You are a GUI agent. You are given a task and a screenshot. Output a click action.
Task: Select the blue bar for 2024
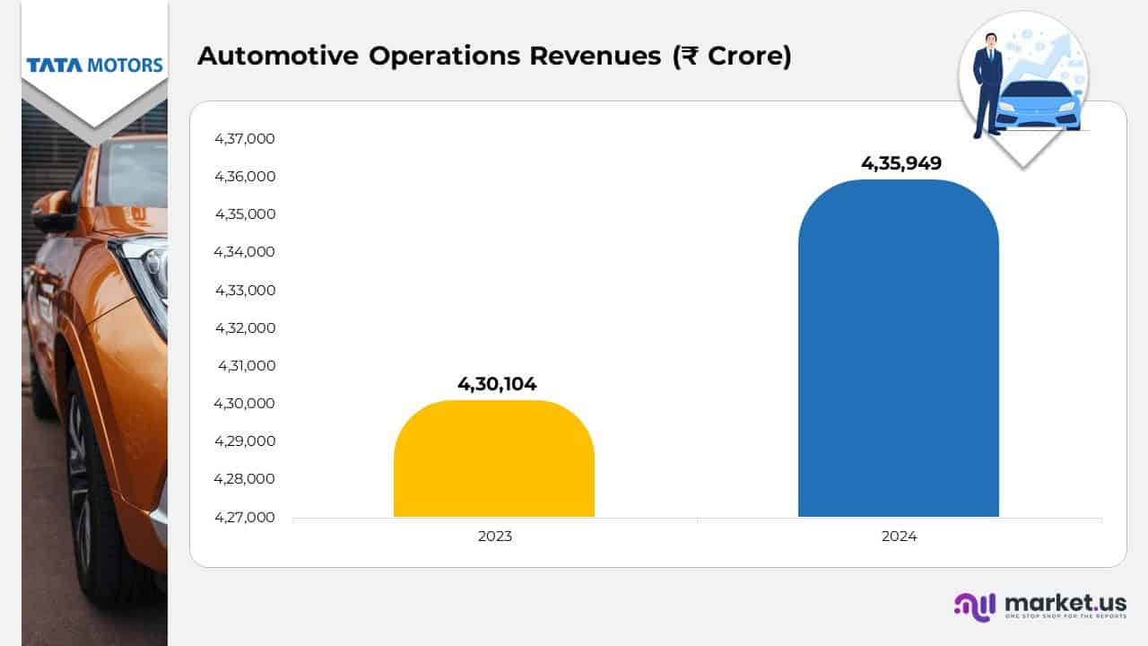tap(898, 350)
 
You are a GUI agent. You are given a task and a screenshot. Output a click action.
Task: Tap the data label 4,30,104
tap(497, 384)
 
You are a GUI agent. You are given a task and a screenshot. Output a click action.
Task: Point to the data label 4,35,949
tap(900, 163)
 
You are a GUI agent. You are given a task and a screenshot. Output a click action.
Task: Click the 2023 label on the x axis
tap(494, 537)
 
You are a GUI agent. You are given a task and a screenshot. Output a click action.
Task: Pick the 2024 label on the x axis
tap(899, 537)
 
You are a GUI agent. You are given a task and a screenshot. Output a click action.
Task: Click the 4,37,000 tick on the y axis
tap(244, 139)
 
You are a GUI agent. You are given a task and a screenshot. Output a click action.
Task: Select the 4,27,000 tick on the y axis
tap(244, 517)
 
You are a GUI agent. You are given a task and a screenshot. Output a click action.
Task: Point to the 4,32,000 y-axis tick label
tap(244, 327)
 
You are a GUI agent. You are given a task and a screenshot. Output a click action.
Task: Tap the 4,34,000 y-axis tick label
tap(244, 252)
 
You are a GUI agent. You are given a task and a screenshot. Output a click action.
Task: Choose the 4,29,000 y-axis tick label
tap(244, 441)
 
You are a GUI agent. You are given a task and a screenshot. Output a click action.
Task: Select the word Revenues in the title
tap(596, 56)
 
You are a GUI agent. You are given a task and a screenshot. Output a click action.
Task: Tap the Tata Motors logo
tap(94, 65)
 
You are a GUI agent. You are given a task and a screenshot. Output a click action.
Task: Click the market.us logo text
tap(1065, 603)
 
